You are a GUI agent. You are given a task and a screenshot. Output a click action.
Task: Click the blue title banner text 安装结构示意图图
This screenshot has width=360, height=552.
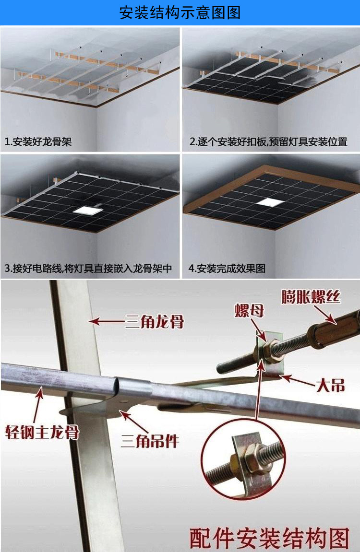click(x=180, y=13)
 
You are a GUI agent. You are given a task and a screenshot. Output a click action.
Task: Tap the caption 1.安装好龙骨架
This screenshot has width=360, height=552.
click(x=38, y=142)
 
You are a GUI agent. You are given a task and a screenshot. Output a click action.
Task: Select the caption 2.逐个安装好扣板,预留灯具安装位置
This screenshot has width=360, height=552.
click(x=268, y=142)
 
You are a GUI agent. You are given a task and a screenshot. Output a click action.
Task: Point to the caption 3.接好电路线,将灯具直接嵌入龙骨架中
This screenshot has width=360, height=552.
click(x=88, y=269)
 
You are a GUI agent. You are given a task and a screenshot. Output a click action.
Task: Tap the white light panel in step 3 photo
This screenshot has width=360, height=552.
click(x=86, y=210)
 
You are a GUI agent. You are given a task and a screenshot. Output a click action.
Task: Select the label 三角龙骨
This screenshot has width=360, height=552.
click(x=154, y=321)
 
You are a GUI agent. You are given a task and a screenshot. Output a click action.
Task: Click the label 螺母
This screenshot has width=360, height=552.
click(x=249, y=310)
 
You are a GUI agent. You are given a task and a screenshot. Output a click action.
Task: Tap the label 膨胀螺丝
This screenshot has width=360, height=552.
click(x=311, y=297)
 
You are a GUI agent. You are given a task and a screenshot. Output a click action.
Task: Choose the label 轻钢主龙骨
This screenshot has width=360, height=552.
click(x=42, y=432)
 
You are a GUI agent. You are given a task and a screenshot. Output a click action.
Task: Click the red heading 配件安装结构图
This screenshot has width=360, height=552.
click(x=269, y=538)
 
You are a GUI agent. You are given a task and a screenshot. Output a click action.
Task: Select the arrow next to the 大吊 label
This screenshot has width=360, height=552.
click(x=297, y=381)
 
